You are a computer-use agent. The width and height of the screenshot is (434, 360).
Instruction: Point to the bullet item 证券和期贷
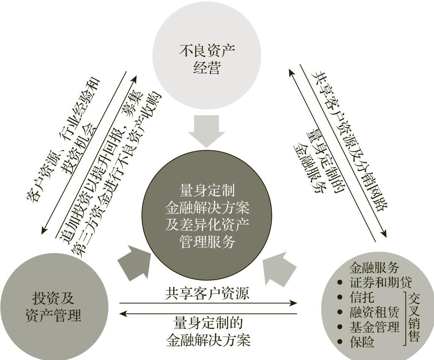tap(380, 282)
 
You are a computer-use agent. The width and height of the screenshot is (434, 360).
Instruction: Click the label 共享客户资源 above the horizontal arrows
tap(207, 293)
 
